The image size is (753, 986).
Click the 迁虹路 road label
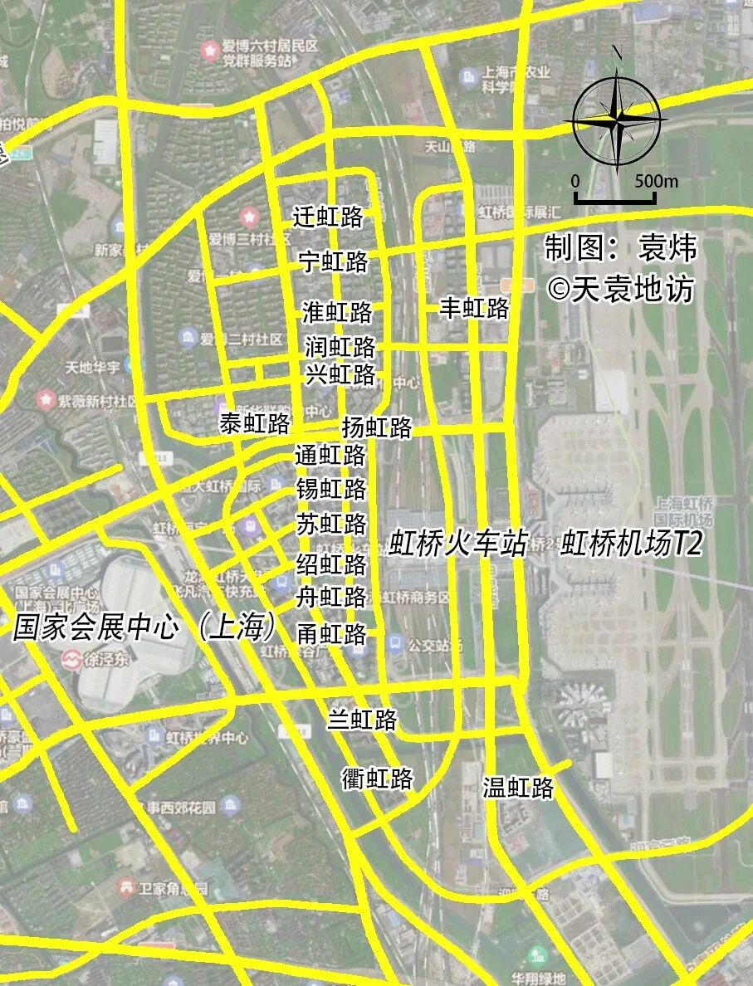329,217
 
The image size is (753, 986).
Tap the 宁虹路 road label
333,263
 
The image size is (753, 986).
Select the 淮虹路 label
337,313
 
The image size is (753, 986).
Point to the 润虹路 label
340,346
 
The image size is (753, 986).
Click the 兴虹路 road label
340,374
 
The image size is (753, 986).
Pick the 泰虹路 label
255,424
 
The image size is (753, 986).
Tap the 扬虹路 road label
377,427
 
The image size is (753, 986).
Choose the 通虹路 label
330,456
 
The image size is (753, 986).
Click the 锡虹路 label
331,489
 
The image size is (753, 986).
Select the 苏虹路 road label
331,525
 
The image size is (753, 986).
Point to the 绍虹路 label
331,564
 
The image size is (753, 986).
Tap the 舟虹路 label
332,597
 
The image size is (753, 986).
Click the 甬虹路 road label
331,634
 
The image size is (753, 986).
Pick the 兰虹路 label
362,720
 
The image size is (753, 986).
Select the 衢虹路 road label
378,779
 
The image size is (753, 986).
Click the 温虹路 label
518,788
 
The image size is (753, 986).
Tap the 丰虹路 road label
474,309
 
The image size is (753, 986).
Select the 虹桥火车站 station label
458,544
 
